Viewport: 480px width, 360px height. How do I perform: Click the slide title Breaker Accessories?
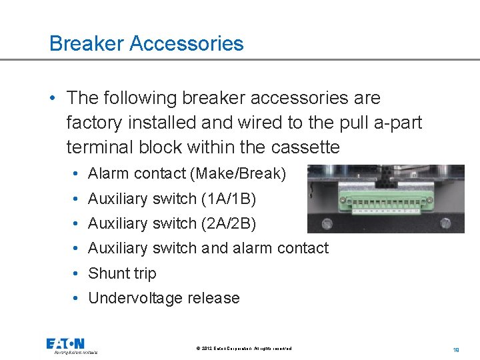pyautogui.click(x=146, y=44)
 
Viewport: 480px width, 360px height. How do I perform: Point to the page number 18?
pyautogui.click(x=457, y=349)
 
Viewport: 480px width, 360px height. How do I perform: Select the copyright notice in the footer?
pyautogui.click(x=244, y=349)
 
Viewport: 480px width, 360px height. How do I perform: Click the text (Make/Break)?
pyautogui.click(x=238, y=174)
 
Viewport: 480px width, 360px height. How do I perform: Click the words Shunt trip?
pyautogui.click(x=122, y=273)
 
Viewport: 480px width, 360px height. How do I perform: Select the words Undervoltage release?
pyautogui.click(x=163, y=298)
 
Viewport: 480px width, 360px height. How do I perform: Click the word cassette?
pyautogui.click(x=306, y=147)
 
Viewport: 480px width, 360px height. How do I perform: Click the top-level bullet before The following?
pyautogui.click(x=53, y=99)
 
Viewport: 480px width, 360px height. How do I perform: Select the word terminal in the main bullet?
pyautogui.click(x=95, y=147)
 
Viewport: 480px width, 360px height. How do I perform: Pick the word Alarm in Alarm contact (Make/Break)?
pyautogui.click(x=108, y=174)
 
